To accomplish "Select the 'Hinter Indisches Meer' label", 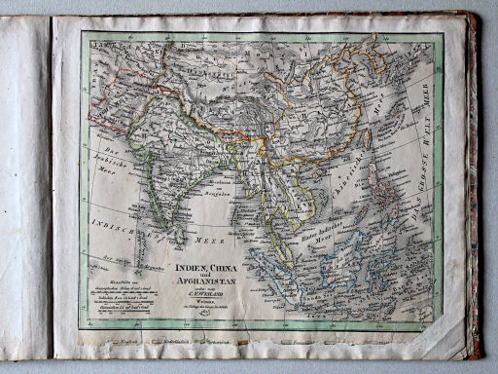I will (321, 226).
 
